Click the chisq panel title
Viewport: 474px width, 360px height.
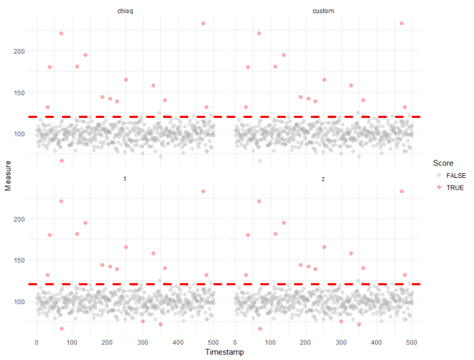(x=125, y=11)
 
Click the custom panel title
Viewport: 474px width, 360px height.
(x=323, y=11)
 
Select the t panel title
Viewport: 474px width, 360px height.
(x=125, y=179)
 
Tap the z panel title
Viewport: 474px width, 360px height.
(x=323, y=179)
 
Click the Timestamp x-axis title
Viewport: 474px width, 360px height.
(x=224, y=352)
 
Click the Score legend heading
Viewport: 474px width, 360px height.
(x=443, y=163)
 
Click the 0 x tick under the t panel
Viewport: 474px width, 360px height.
(x=37, y=342)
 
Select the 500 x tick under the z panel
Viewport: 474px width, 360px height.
(x=411, y=342)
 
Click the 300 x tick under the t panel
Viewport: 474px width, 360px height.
(x=142, y=342)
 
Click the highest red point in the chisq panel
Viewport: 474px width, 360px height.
(x=204, y=23)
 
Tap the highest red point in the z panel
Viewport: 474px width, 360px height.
(x=402, y=191)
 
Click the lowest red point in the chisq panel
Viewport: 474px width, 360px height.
(x=61, y=161)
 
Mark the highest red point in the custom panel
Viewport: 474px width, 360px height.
(x=402, y=23)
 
